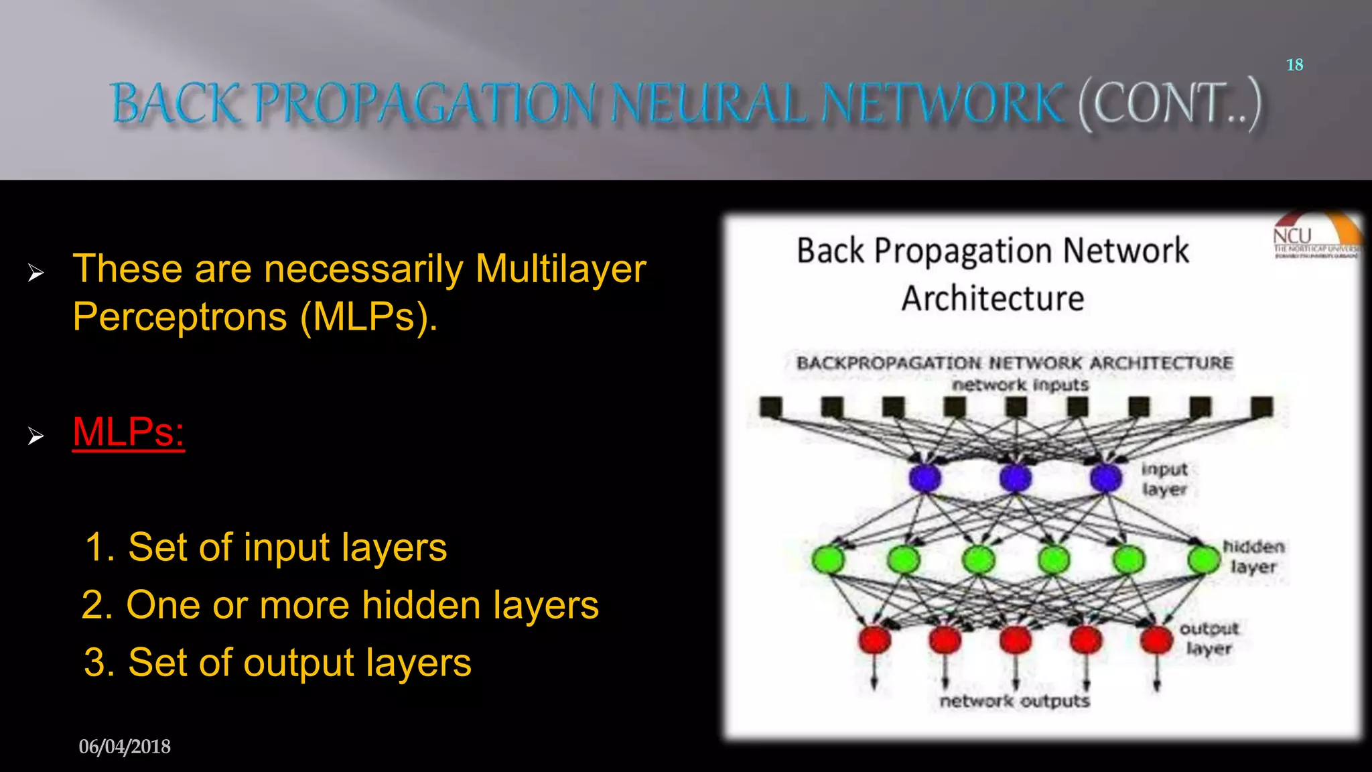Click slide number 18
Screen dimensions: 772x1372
click(x=1294, y=65)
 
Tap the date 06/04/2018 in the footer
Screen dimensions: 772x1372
click(x=125, y=747)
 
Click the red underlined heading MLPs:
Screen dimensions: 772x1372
click(x=128, y=432)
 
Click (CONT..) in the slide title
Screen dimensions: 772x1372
click(x=1170, y=104)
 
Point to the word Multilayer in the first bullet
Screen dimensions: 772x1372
click(x=560, y=269)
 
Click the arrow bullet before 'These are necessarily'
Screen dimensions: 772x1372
click(x=36, y=273)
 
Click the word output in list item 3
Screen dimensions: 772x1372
click(x=298, y=663)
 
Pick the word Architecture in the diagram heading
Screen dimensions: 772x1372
click(x=992, y=299)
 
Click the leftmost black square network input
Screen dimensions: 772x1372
click(x=770, y=407)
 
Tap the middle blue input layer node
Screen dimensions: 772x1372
click(x=1015, y=478)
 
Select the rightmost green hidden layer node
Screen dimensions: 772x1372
click(x=1203, y=560)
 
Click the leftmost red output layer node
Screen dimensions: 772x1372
click(x=874, y=640)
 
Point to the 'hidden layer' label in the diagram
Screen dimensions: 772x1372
click(x=1253, y=557)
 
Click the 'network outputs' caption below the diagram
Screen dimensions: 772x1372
click(x=1014, y=701)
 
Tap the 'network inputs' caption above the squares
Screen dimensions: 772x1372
click(x=1020, y=385)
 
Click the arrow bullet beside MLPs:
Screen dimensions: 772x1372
click(x=36, y=436)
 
